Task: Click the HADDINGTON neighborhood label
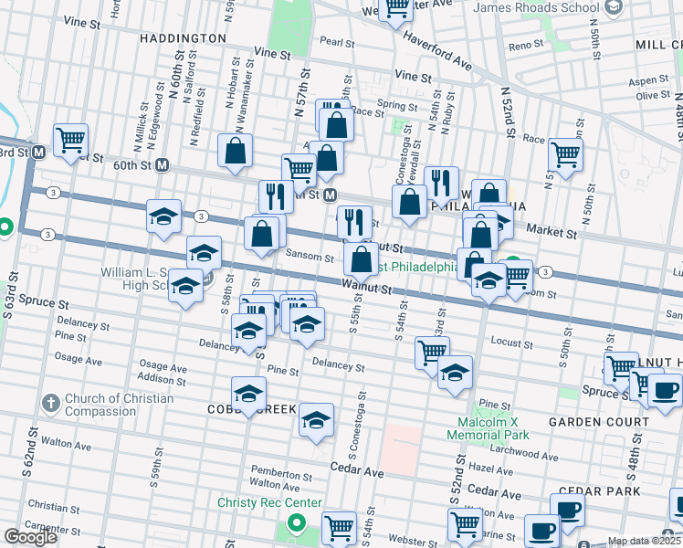(x=183, y=38)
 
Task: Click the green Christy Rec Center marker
(x=295, y=523)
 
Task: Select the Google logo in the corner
(x=29, y=536)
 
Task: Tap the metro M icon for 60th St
(x=163, y=165)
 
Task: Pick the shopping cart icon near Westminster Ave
(x=397, y=9)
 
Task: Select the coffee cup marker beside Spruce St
(x=664, y=390)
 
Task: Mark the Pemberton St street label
(x=281, y=475)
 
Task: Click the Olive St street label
(x=654, y=96)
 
